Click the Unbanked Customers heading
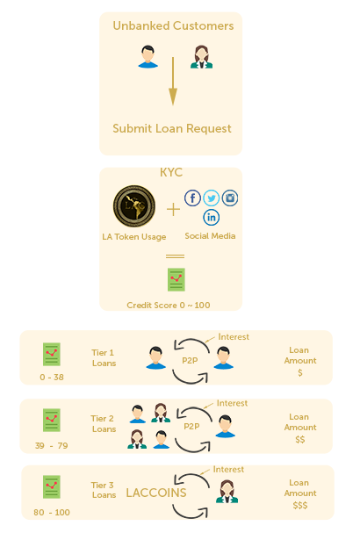coord(173,25)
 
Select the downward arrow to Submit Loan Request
coord(173,82)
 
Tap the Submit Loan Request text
coord(172,129)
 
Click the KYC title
coord(171,172)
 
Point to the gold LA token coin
coord(134,206)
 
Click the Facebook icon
coord(192,198)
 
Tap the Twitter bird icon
coord(212,198)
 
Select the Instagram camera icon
coord(230,198)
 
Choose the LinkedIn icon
coord(212,217)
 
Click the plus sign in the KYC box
coord(173,209)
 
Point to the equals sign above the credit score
coord(175,256)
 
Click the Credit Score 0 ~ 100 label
coord(168,306)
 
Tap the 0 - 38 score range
coord(52,377)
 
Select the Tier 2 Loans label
coord(104,423)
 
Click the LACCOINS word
coord(156,493)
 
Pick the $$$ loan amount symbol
coord(300,506)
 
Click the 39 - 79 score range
coord(51,446)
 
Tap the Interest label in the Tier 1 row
coord(234,337)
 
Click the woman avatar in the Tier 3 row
coord(227,492)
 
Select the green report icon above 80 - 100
coord(52,486)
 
